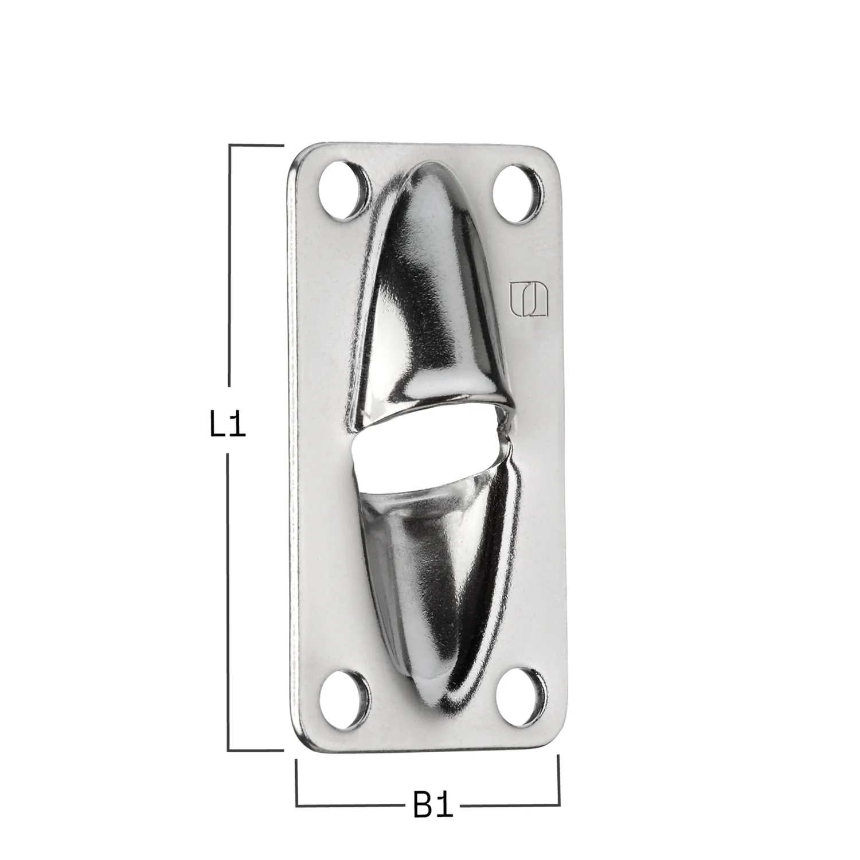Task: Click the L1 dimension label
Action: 228,425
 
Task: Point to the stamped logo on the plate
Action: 529,299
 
